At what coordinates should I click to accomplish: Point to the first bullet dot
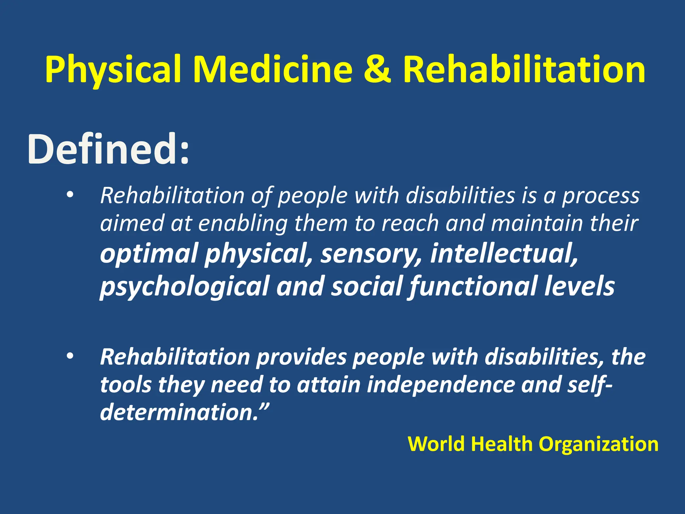click(69, 195)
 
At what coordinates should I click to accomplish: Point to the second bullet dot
click(69, 356)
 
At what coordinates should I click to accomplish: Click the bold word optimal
click(149, 254)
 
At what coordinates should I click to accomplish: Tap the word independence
click(441, 385)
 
